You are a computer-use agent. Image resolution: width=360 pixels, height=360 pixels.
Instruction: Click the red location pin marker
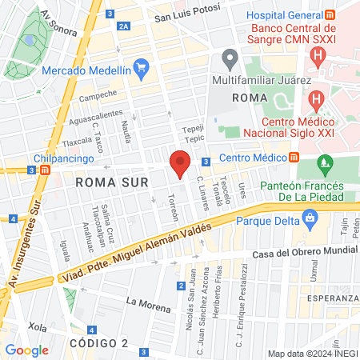[180, 162]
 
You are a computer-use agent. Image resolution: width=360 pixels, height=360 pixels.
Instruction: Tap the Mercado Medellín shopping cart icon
[142, 67]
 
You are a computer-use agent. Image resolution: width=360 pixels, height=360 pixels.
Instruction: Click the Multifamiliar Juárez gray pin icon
[230, 58]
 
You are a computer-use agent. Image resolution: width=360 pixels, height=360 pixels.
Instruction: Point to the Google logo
[26, 350]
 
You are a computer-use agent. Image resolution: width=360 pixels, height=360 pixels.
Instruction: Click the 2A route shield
[123, 26]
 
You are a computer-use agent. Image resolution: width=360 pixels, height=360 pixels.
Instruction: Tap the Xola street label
[37, 326]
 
